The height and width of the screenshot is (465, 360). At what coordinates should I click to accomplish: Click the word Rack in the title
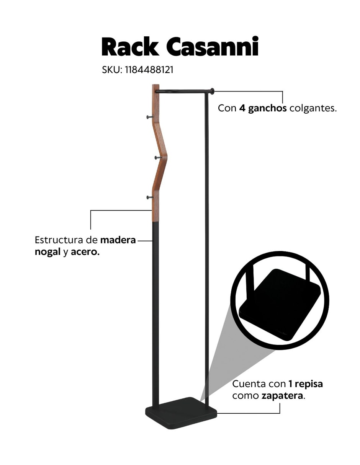coord(130,46)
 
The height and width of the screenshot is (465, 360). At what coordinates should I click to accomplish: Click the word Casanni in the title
coord(213,46)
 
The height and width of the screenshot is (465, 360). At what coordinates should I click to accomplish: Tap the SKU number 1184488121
coord(149,70)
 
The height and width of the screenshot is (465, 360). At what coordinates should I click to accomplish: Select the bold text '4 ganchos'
coord(263,108)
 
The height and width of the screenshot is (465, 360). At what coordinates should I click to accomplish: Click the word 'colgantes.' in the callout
coord(313,108)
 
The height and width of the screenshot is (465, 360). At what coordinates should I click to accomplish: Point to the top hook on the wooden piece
coord(150,117)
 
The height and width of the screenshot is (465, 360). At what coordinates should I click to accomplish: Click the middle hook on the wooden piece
coord(158,158)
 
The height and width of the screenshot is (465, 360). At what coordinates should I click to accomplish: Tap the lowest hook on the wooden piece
coord(150,197)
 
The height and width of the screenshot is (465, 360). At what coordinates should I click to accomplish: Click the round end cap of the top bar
coord(212,91)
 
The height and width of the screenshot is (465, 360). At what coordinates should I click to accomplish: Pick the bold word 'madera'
coord(118,240)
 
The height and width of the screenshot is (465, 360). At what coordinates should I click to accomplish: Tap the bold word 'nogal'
coord(47,252)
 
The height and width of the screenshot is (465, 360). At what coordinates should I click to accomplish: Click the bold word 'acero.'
coord(85,252)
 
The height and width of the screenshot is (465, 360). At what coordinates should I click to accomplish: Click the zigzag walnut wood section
coord(159,153)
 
